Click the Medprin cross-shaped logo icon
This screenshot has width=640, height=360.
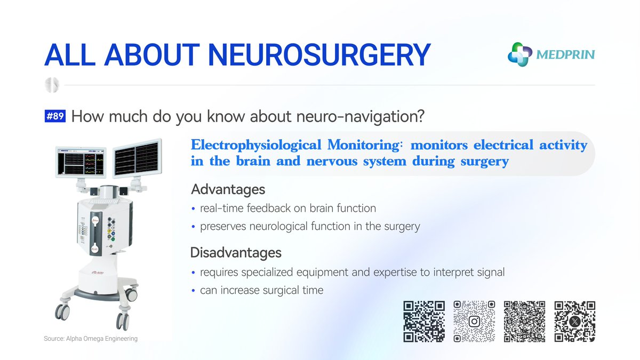pos(520,54)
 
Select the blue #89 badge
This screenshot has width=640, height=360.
pos(55,116)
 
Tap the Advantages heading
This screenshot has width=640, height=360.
pos(228,189)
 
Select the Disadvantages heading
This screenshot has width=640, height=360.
pos(236,252)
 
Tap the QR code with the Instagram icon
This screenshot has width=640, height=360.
pos(474,322)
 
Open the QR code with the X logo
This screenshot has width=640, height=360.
pos(574,322)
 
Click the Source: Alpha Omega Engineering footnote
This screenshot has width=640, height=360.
pos(91,339)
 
